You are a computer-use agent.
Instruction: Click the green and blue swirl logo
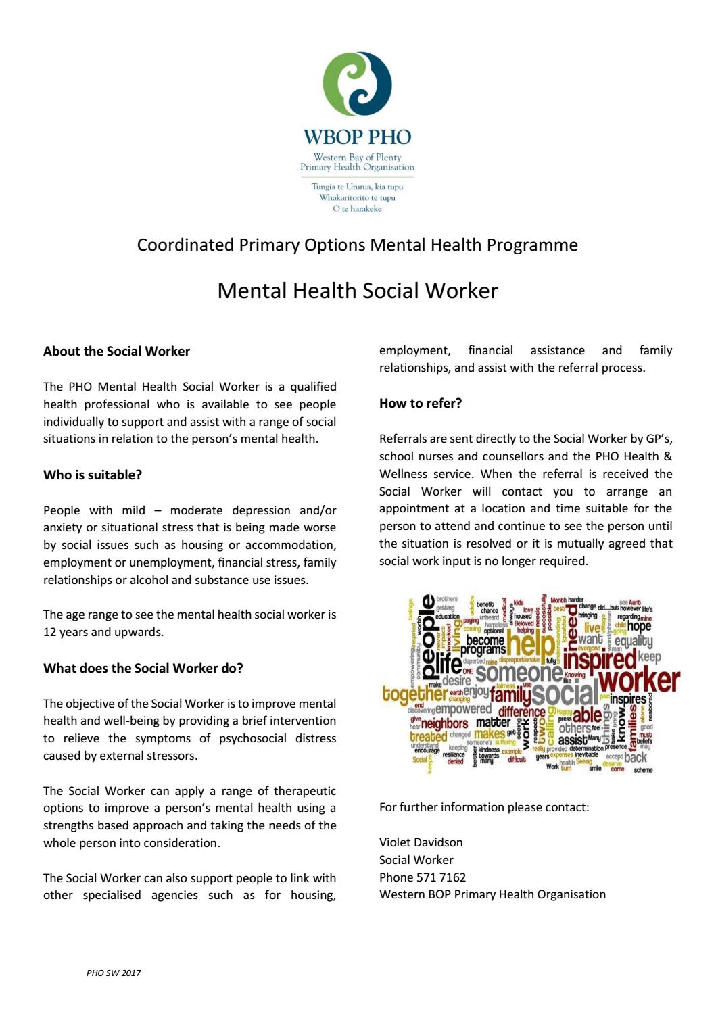tap(357, 83)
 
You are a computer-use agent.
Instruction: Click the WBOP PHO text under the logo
tap(357, 137)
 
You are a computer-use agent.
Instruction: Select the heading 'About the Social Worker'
tap(116, 351)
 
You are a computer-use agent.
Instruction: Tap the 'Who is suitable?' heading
tap(93, 475)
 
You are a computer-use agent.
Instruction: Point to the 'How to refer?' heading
tap(421, 403)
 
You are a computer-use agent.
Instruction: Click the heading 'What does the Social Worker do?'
tap(143, 668)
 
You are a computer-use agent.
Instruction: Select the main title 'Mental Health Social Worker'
tap(357, 291)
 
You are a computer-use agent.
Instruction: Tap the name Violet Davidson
tap(421, 842)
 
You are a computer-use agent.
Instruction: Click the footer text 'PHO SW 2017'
tap(114, 973)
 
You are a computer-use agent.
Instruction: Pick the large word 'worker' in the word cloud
tap(638, 679)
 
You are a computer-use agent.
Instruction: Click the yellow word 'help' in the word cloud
tap(530, 643)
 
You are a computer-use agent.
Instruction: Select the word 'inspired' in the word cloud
tap(599, 658)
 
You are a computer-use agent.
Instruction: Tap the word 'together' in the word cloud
tap(414, 694)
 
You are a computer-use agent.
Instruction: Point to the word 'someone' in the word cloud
tap(518, 673)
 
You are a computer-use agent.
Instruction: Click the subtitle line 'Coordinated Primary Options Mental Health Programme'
tap(357, 245)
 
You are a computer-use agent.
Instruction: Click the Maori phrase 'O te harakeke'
tap(357, 209)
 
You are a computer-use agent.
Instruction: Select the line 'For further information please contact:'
tap(483, 807)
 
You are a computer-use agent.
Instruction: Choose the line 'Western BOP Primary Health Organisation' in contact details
tap(492, 894)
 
